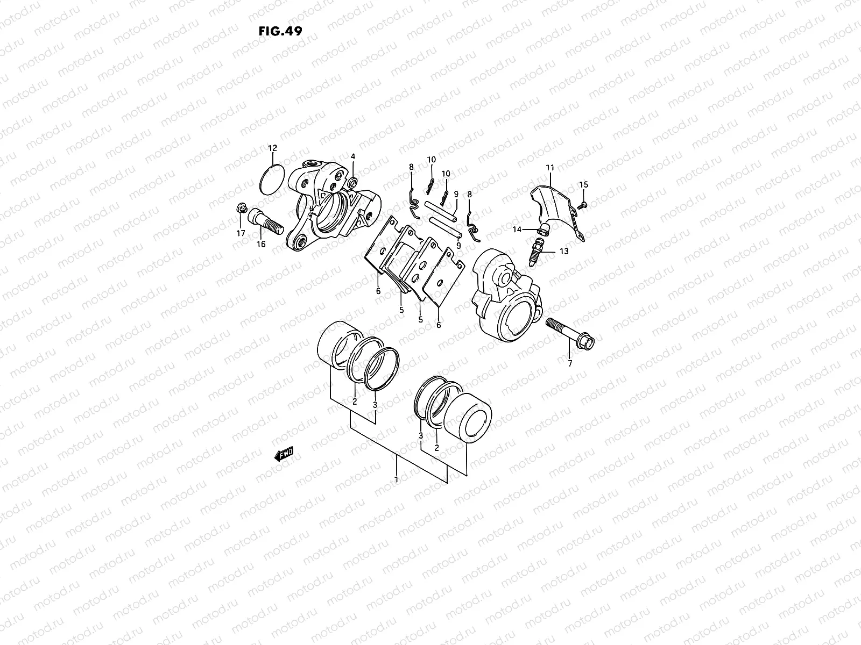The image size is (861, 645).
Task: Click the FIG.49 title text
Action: coord(280,31)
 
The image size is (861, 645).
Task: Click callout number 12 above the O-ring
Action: coord(272,148)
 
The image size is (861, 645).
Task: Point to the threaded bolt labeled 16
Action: coord(264,221)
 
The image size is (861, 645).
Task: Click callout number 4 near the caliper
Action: coord(353,156)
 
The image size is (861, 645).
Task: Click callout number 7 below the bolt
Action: coord(570,364)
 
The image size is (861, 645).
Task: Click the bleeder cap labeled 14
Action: coord(544,231)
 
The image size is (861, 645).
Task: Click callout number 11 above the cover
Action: coord(549,168)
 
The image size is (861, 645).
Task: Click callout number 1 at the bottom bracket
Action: coord(396,478)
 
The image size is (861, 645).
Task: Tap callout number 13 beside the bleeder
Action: coord(563,251)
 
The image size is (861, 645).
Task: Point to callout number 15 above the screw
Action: coord(584,185)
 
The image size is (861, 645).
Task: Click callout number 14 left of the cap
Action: coord(517,230)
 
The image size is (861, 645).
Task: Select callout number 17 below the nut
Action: coord(241,233)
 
